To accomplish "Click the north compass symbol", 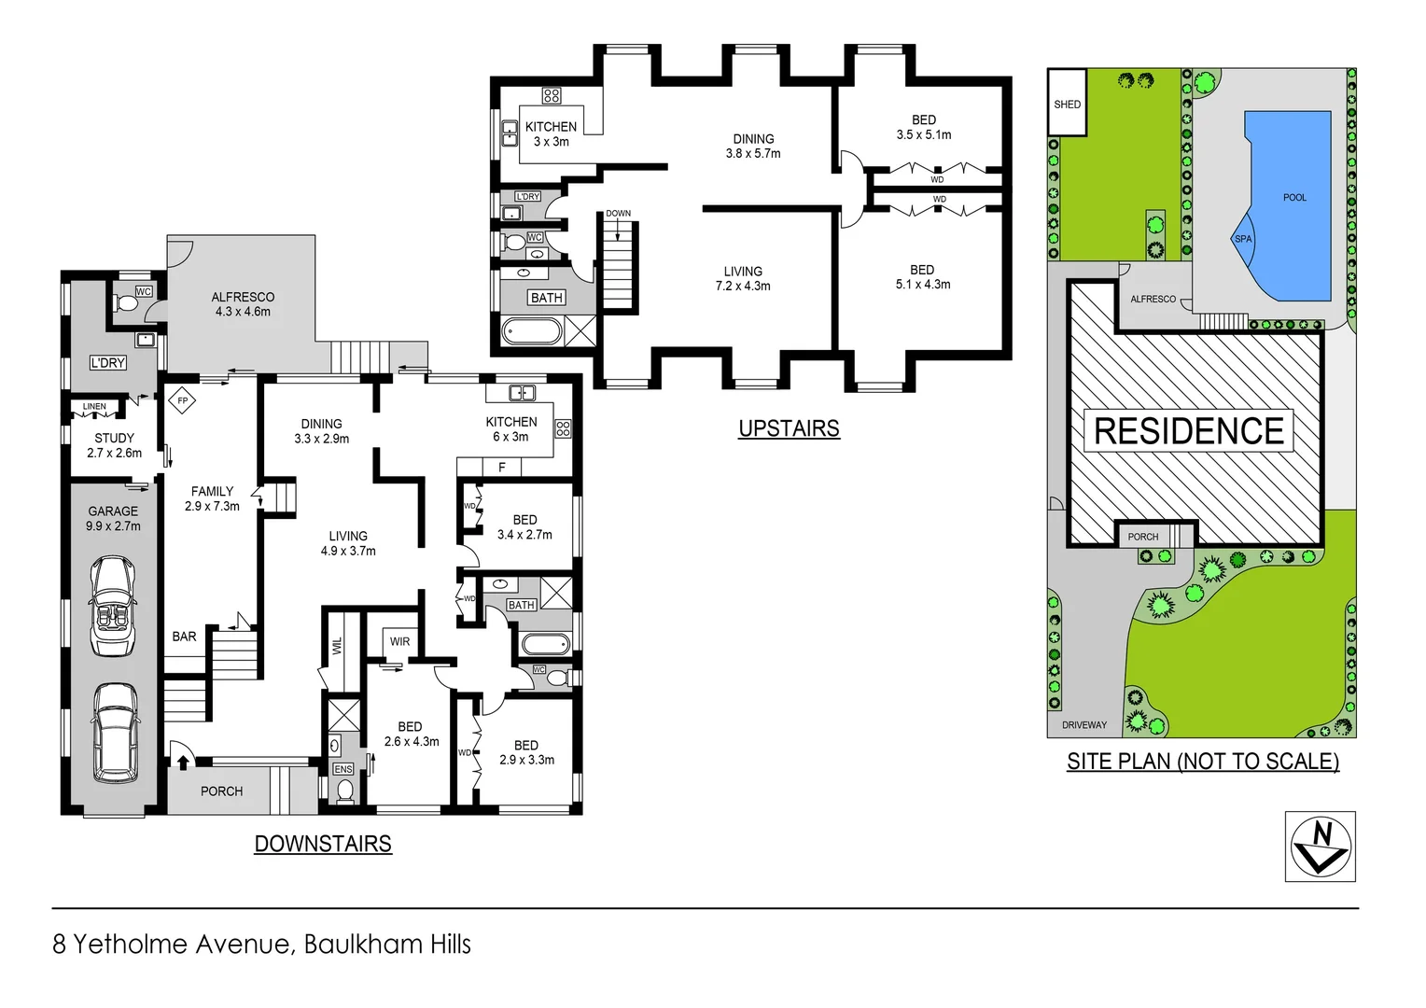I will [x=1320, y=847].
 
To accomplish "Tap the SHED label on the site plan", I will [x=1067, y=105].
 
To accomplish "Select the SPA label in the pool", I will [x=1243, y=239].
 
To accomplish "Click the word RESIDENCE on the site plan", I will [x=1188, y=431].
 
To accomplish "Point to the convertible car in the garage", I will [x=115, y=607].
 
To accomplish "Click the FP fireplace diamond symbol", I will [x=183, y=401].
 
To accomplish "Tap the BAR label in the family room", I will [x=184, y=637].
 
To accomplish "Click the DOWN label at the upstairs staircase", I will [x=618, y=214].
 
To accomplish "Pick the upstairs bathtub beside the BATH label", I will [x=532, y=331].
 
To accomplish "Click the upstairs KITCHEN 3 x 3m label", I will [x=551, y=133].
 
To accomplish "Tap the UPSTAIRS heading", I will [x=789, y=428].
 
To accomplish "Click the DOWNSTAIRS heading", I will [x=323, y=844].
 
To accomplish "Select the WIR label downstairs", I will [x=399, y=641].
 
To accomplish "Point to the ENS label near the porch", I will [x=343, y=769].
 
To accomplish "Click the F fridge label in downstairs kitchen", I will [x=502, y=467].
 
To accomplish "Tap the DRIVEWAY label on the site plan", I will [x=1083, y=725].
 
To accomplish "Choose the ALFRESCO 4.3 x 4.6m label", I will [x=243, y=304].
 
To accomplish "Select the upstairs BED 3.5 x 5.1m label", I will [x=923, y=127].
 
